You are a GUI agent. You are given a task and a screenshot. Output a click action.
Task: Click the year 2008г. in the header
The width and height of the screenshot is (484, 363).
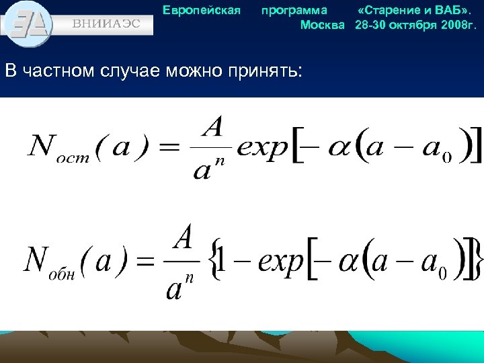click(457, 25)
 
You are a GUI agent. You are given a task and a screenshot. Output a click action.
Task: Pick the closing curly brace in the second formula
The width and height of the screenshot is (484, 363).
click(477, 258)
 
